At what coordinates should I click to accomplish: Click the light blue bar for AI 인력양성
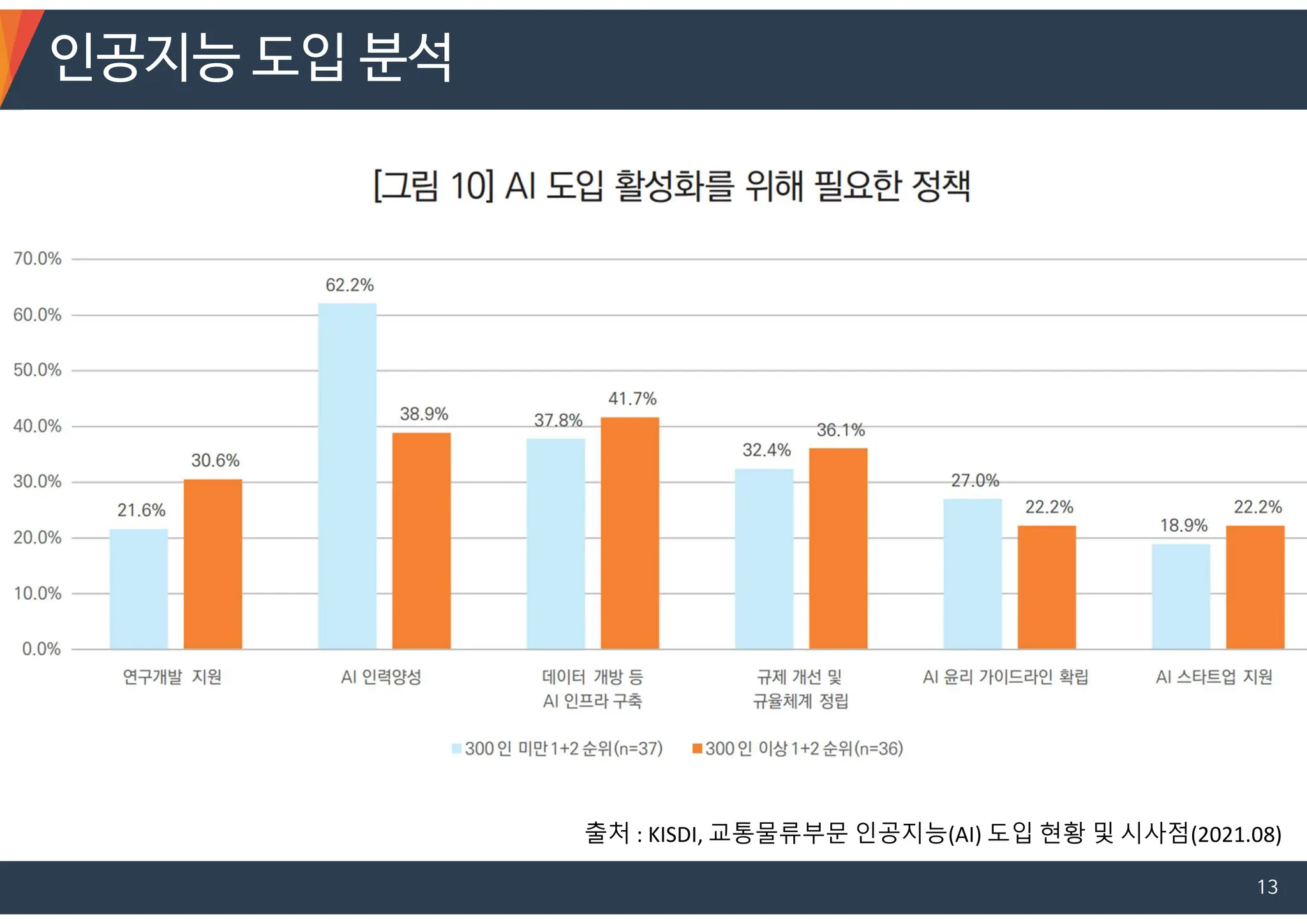(x=347, y=476)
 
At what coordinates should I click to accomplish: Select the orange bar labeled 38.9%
(x=421, y=541)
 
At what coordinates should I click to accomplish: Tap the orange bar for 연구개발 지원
(x=213, y=564)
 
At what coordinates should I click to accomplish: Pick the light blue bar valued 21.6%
(x=138, y=589)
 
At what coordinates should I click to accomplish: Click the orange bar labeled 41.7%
(x=630, y=533)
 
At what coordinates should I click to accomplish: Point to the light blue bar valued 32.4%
(x=764, y=559)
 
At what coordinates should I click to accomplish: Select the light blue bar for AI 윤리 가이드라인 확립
(x=973, y=574)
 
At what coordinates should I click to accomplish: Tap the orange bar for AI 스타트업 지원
(x=1255, y=587)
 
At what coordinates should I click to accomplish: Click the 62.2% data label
(x=350, y=285)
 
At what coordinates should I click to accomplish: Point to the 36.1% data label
(x=840, y=430)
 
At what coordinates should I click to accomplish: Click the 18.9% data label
(x=1184, y=526)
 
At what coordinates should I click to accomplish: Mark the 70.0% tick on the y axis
(x=38, y=259)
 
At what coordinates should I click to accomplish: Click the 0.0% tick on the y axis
(x=41, y=650)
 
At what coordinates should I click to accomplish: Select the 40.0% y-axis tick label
(x=38, y=426)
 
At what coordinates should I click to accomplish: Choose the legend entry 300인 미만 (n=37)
(x=558, y=749)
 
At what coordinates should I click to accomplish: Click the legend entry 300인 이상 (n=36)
(x=798, y=749)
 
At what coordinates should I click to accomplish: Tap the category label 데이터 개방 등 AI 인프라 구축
(x=592, y=689)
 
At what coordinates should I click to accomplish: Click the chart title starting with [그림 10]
(x=671, y=186)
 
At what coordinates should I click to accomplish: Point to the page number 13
(x=1267, y=887)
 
